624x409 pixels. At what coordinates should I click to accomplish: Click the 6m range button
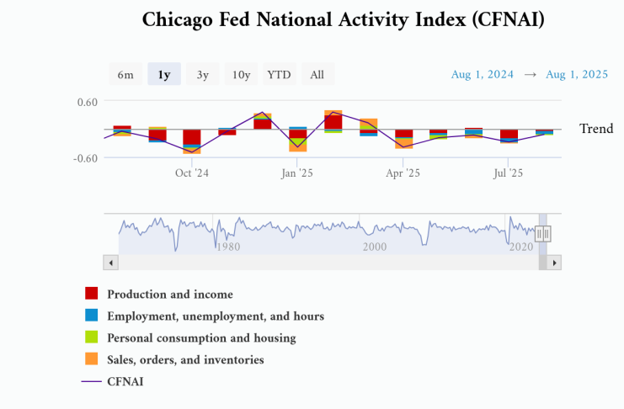coord(125,75)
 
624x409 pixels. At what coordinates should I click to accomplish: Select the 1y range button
coord(164,75)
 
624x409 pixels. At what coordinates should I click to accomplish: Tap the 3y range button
coord(203,75)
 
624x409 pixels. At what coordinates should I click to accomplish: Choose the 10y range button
coord(242,75)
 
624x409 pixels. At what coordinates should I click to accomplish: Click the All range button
coord(317,75)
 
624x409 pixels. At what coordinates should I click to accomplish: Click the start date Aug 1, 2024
coord(483,75)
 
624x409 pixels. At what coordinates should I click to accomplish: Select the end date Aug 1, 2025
coord(577,75)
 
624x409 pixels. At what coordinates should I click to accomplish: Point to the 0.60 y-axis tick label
coord(88,102)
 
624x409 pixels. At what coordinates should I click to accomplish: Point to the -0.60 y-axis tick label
coord(85,158)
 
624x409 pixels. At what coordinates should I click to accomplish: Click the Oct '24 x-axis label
coord(192,173)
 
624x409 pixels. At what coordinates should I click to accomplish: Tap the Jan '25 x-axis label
coord(297,173)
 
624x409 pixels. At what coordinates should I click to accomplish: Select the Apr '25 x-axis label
coord(403,173)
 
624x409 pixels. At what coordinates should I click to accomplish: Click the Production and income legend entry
coord(169,295)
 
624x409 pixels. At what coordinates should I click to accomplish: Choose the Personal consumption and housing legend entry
coord(201,338)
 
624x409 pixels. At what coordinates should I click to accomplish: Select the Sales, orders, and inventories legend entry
coord(185,360)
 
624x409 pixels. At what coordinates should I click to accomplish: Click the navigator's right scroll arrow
coord(555,263)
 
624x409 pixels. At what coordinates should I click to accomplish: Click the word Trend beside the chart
coord(596,129)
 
